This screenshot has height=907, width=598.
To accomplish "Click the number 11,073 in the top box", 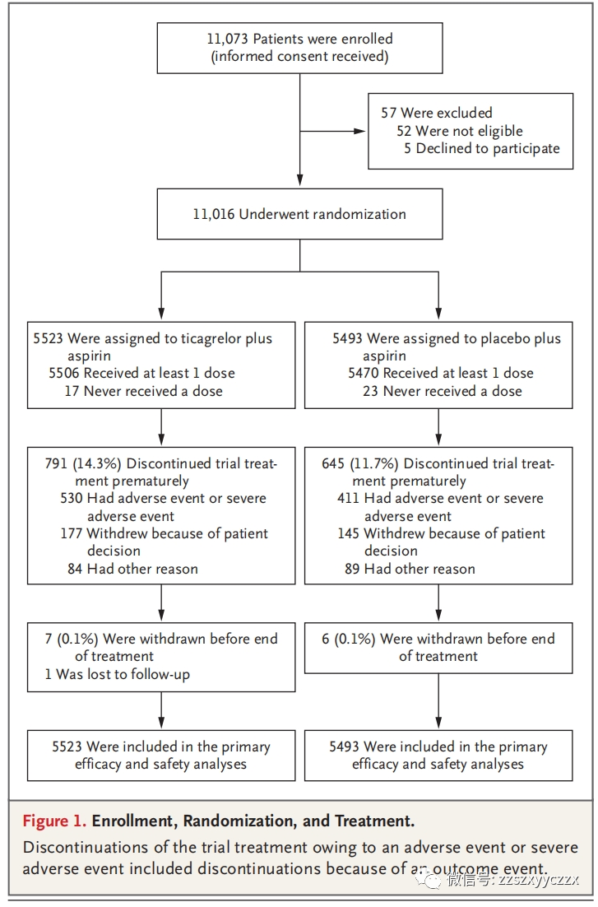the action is coord(228,40).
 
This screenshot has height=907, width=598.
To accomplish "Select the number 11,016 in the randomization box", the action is coord(213,215).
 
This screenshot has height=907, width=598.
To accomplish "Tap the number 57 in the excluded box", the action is coord(388,113).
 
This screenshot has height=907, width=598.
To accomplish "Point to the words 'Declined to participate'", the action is coord(488,149).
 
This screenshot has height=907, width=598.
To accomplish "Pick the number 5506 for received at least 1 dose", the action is coord(63,373).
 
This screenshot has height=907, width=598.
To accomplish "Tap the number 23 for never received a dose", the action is coord(370,391).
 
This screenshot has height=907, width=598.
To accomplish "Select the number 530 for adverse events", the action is coord(71,499).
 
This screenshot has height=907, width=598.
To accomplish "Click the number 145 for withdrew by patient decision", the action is coord(348,534).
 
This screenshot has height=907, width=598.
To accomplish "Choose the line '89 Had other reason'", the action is coord(410,570).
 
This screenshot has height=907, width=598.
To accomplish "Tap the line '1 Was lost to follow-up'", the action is coord(118,674).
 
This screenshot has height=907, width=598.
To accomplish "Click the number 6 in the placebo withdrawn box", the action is coord(326,640).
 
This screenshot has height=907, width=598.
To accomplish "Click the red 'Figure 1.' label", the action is coord(55,821).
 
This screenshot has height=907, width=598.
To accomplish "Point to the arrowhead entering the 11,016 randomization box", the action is coord(299,181).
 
